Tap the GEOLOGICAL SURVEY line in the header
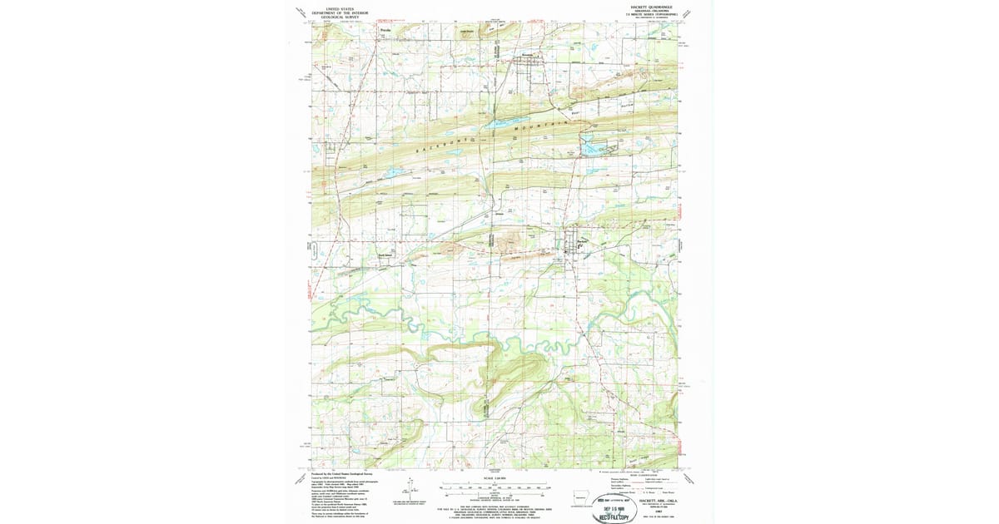click(x=339, y=16)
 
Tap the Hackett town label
click(x=584, y=242)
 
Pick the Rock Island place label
click(x=385, y=255)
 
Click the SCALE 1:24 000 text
click(x=494, y=478)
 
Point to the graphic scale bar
click(x=494, y=487)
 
